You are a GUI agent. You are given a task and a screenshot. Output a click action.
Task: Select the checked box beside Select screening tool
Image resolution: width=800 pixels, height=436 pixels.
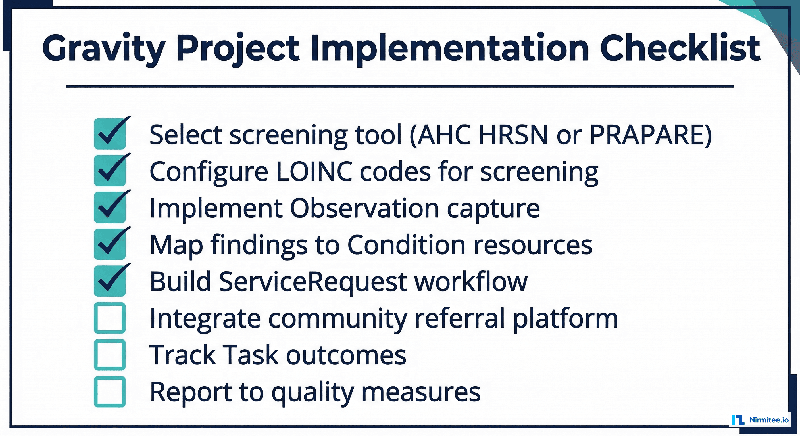click(x=110, y=134)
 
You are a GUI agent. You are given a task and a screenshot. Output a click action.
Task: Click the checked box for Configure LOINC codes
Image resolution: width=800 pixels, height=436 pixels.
click(x=110, y=171)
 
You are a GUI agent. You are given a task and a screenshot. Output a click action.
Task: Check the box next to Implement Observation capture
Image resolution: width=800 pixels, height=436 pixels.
click(x=110, y=207)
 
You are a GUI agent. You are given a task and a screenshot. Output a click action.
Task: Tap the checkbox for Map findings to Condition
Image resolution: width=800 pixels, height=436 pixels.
click(x=110, y=244)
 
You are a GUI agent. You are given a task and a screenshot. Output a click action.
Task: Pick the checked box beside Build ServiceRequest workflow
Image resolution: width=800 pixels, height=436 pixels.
click(x=110, y=281)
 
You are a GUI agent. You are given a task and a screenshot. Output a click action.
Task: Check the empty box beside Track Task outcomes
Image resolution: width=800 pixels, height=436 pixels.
click(x=110, y=355)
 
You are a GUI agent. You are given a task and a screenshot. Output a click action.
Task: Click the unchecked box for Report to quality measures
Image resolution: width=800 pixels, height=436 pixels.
click(x=110, y=392)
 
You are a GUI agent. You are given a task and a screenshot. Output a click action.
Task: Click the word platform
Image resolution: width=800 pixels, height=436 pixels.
click(x=565, y=319)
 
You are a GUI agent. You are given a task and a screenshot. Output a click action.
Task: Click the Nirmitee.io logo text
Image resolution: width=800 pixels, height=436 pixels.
click(x=769, y=420)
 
